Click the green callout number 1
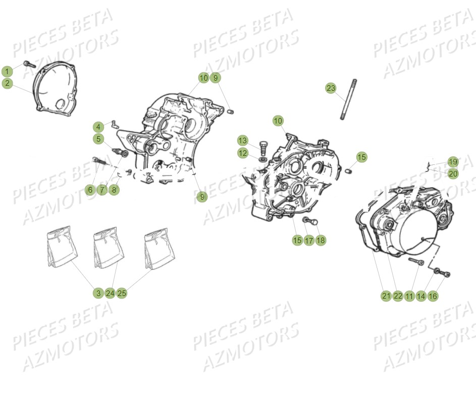pos(7,72)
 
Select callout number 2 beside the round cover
pos(7,83)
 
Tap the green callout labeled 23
pos(331,88)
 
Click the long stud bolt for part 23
pos(348,99)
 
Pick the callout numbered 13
pos(243,141)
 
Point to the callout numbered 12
pos(243,153)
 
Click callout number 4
pos(98,127)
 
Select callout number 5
pos(98,139)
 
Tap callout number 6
pos(90,190)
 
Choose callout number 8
pos(114,190)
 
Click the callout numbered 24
pos(110,293)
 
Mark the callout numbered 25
pos(122,293)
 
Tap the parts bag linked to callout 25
pos(160,248)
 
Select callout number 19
pos(453,162)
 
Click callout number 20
pos(453,174)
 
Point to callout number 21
pos(386,296)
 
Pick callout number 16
pos(433,296)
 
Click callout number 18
pos(321,241)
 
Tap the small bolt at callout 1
pos(29,65)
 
